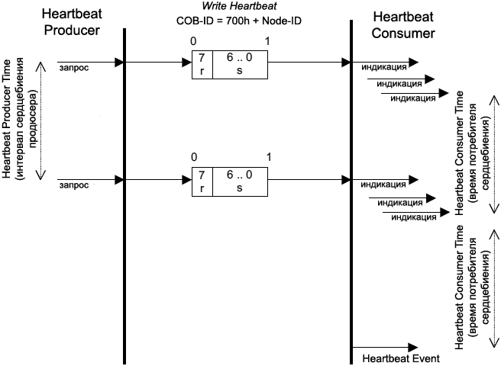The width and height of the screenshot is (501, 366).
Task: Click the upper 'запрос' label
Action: (73, 69)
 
